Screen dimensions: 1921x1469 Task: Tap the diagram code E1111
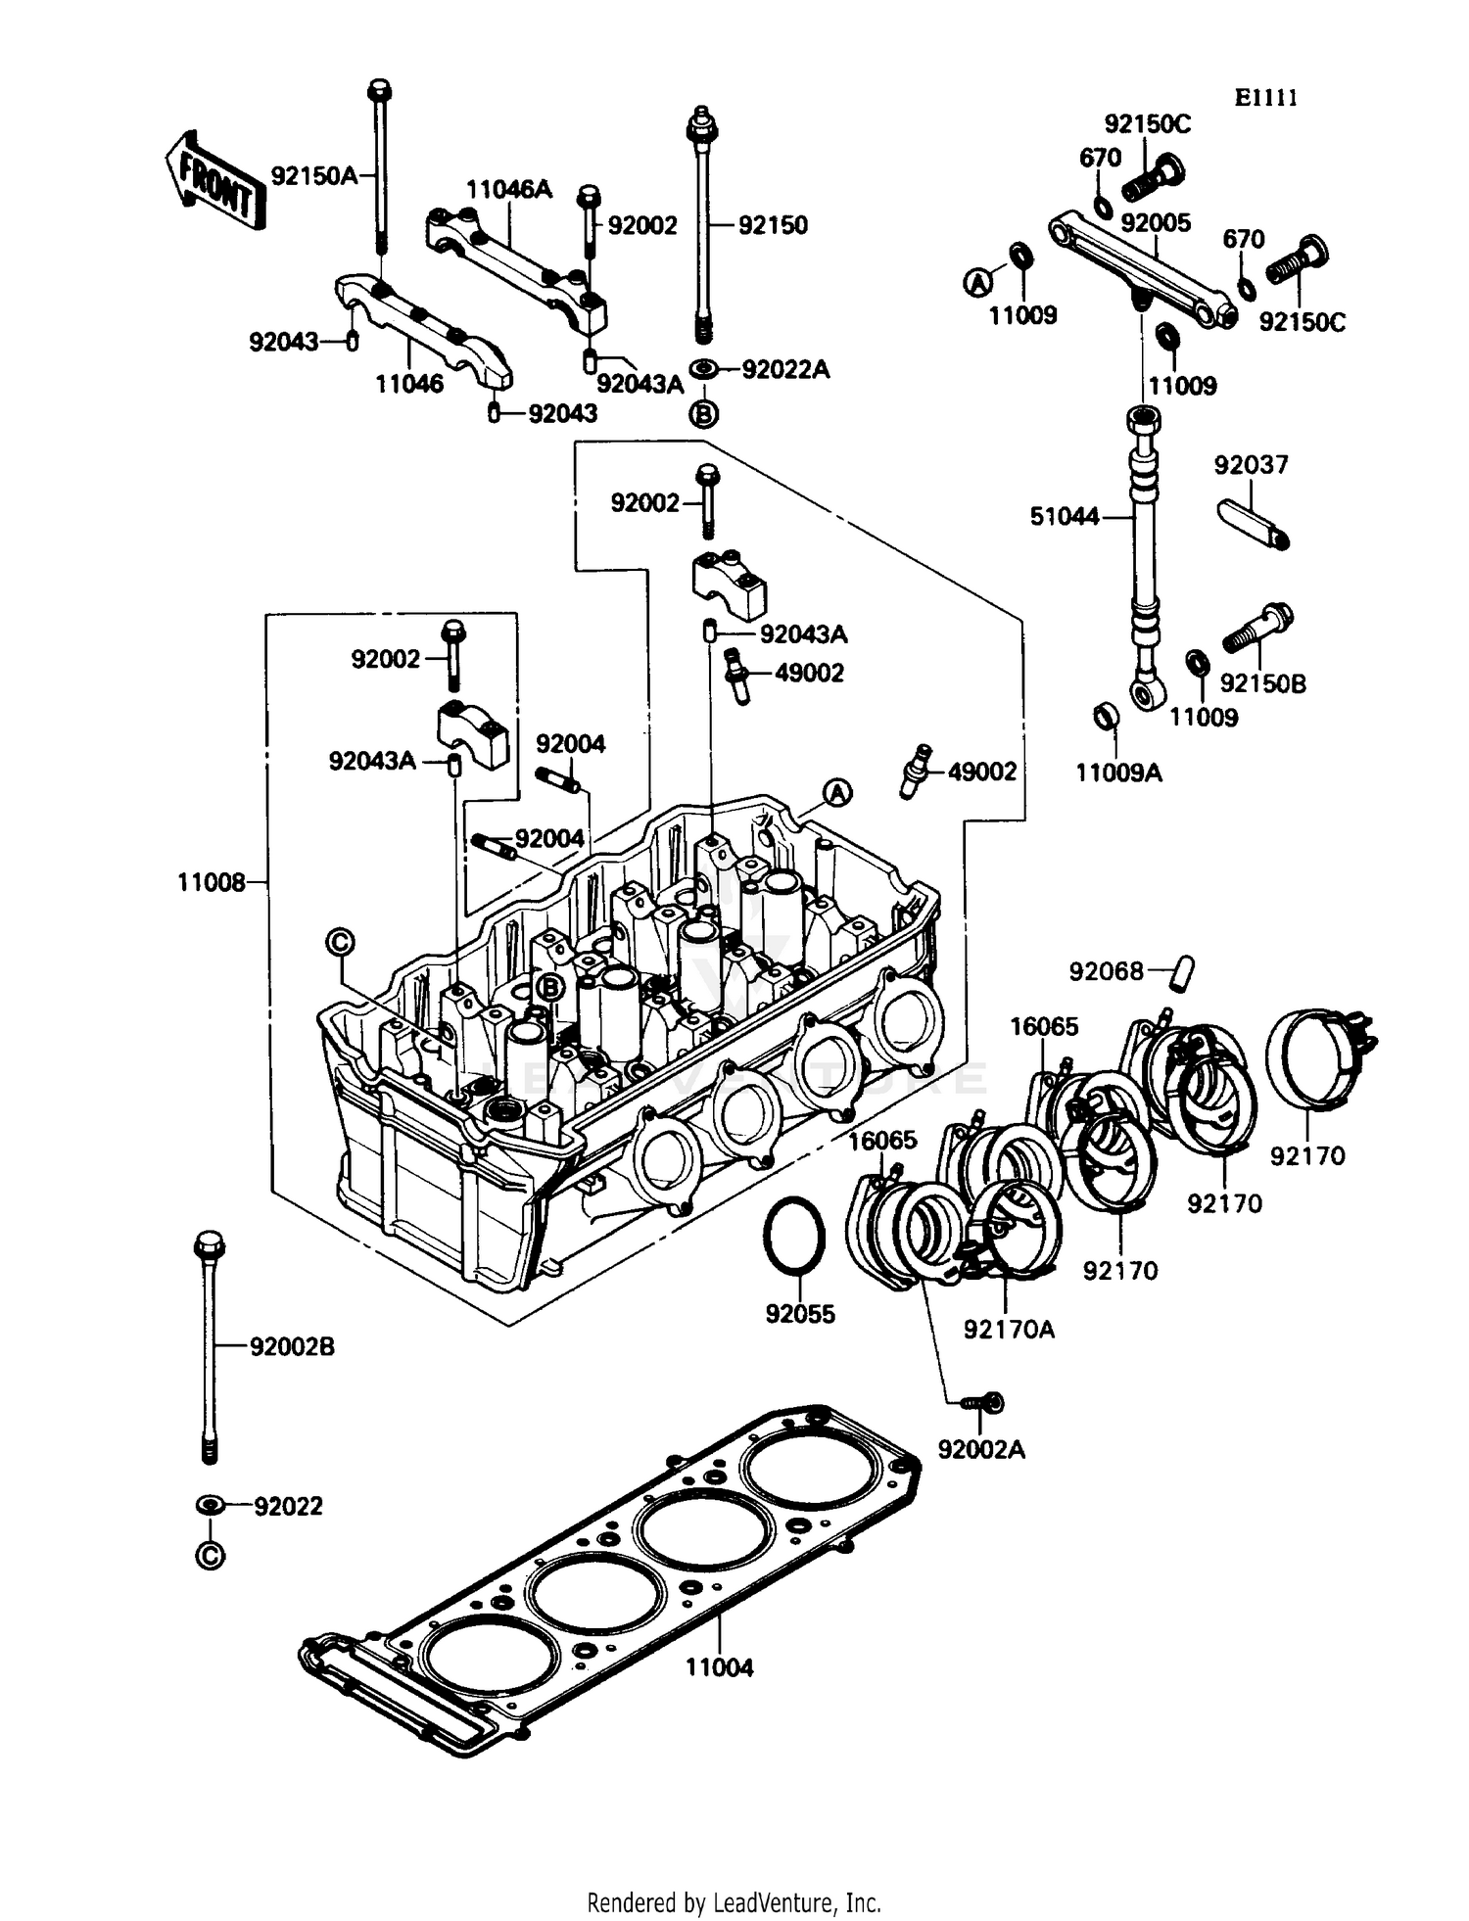[x=1265, y=98]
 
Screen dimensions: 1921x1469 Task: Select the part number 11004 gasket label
[x=719, y=1667]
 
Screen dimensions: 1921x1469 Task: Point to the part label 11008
[x=211, y=882]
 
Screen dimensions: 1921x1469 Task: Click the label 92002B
[x=292, y=1347]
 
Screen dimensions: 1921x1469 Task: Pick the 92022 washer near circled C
[x=210, y=1504]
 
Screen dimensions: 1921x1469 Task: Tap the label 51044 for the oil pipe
[x=1065, y=516]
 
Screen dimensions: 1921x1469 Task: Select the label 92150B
[x=1262, y=683]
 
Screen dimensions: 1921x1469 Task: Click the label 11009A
[x=1118, y=773]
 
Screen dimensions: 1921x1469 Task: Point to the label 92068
[x=1106, y=971]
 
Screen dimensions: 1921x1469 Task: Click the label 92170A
[x=1009, y=1330]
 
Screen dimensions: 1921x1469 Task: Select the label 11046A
[x=508, y=189]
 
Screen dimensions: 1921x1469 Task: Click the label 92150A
[x=314, y=176]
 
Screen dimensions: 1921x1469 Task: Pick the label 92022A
[x=785, y=369]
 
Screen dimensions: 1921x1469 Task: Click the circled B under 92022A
[x=703, y=414]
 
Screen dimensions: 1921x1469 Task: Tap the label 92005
[x=1156, y=222]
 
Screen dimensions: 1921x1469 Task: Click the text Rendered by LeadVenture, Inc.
[x=734, y=1902]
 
